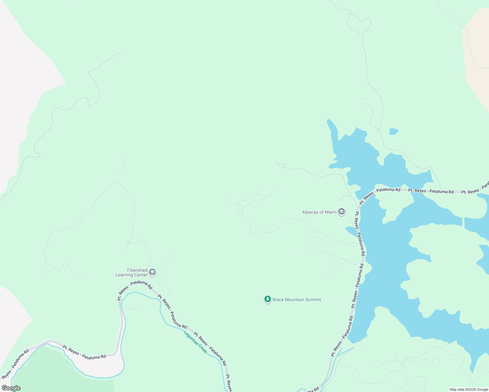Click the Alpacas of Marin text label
319,212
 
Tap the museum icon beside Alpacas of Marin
342,212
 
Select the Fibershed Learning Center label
132,272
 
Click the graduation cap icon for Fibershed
152,272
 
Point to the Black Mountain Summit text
297,300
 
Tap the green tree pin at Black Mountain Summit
268,299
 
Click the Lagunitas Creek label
195,342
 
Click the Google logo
11,388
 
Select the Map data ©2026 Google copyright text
469,389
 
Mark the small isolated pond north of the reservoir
394,131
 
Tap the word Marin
330,212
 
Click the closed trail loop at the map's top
359,23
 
